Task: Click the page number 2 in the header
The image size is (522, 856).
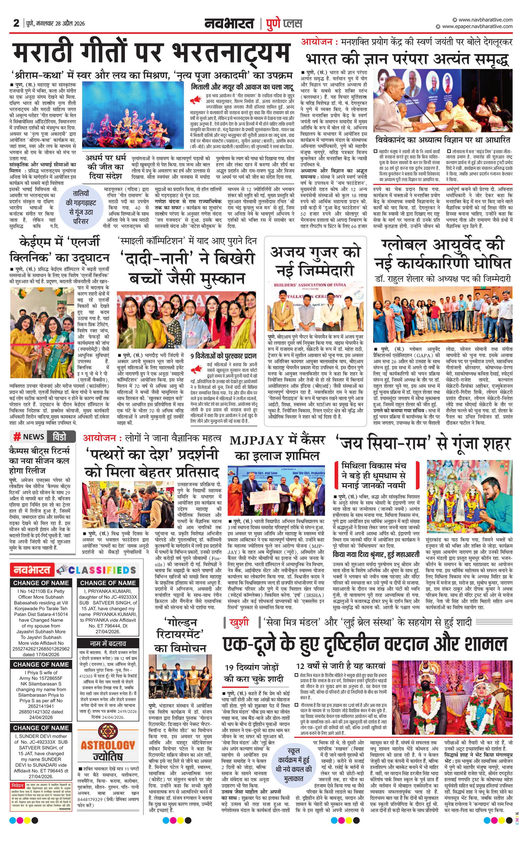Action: pos(16,23)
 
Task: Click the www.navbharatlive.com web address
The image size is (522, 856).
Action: pos(486,20)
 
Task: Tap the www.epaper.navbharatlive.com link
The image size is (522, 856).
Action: pos(477,26)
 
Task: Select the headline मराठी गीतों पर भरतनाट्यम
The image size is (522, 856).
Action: pos(151,53)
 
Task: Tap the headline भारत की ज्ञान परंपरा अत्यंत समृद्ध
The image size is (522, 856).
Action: pos(407,59)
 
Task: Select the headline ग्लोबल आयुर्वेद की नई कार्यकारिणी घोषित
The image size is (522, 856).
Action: pos(442,254)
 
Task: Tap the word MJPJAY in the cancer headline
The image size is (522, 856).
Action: pos(257,440)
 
